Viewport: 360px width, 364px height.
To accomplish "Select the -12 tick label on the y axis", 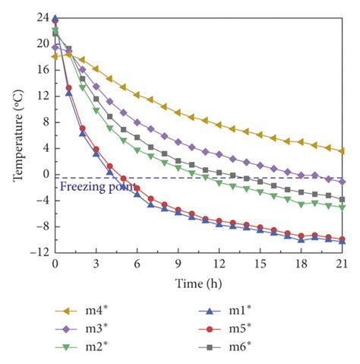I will click(39, 252).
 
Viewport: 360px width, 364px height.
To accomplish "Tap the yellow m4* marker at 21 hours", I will click(342, 151).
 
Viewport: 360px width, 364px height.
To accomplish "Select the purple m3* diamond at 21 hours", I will click(342, 182).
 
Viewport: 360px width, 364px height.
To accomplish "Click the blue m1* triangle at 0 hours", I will click(55, 18).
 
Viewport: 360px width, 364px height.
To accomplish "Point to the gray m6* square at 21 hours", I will click(342, 198).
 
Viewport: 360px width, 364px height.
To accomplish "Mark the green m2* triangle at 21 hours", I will click(342, 207).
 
